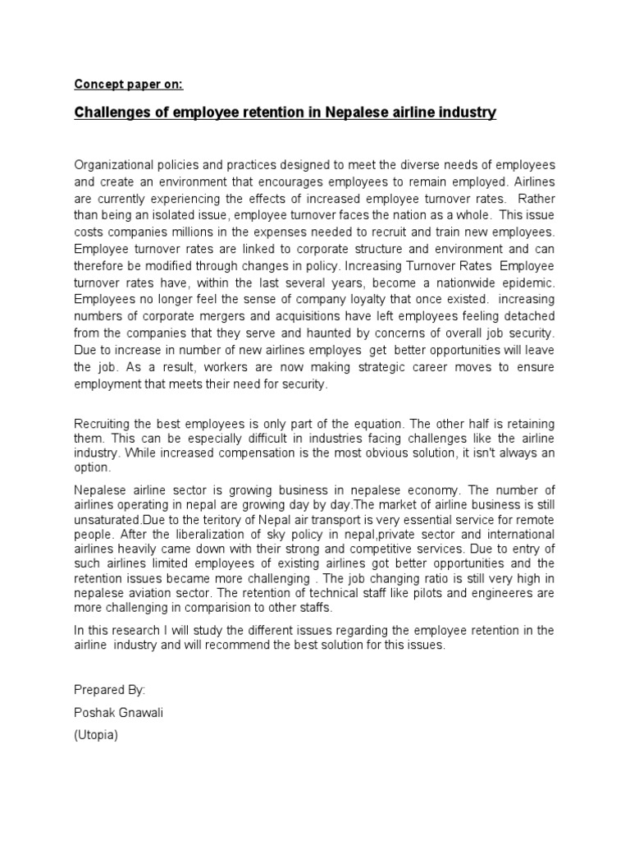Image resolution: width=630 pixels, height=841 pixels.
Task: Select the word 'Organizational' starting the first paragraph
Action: tap(114, 165)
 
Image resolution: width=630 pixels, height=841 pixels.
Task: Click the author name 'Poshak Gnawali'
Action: tap(119, 713)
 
